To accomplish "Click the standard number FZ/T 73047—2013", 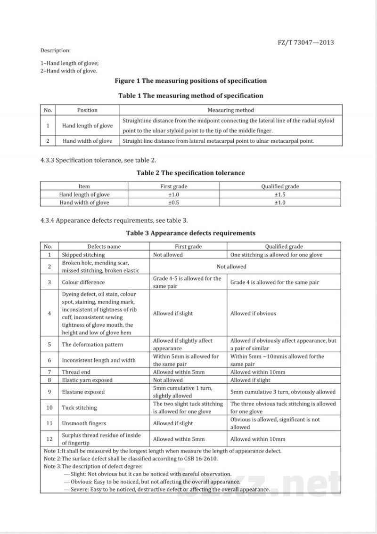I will [x=306, y=42].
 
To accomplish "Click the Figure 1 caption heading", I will [x=190, y=81].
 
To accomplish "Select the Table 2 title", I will [x=190, y=173].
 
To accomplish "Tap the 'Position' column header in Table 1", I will [x=87, y=110].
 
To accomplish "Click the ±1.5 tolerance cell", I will [x=280, y=194].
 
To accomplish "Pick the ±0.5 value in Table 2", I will [x=174, y=202].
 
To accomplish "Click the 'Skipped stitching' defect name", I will [x=83, y=255].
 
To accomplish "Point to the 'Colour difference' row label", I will [x=83, y=283].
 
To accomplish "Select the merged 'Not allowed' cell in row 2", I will [x=231, y=267].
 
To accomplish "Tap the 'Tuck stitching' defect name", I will [x=79, y=408].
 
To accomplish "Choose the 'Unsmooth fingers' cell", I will [x=84, y=423].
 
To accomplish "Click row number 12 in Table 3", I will [x=49, y=439].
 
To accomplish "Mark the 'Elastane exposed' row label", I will [x=83, y=392].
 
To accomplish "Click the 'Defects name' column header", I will [x=104, y=246].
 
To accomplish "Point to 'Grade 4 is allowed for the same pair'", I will [x=275, y=283].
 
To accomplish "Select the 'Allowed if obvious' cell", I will [x=253, y=314].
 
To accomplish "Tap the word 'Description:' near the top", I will [x=55, y=50].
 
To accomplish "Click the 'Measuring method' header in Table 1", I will [x=231, y=110].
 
